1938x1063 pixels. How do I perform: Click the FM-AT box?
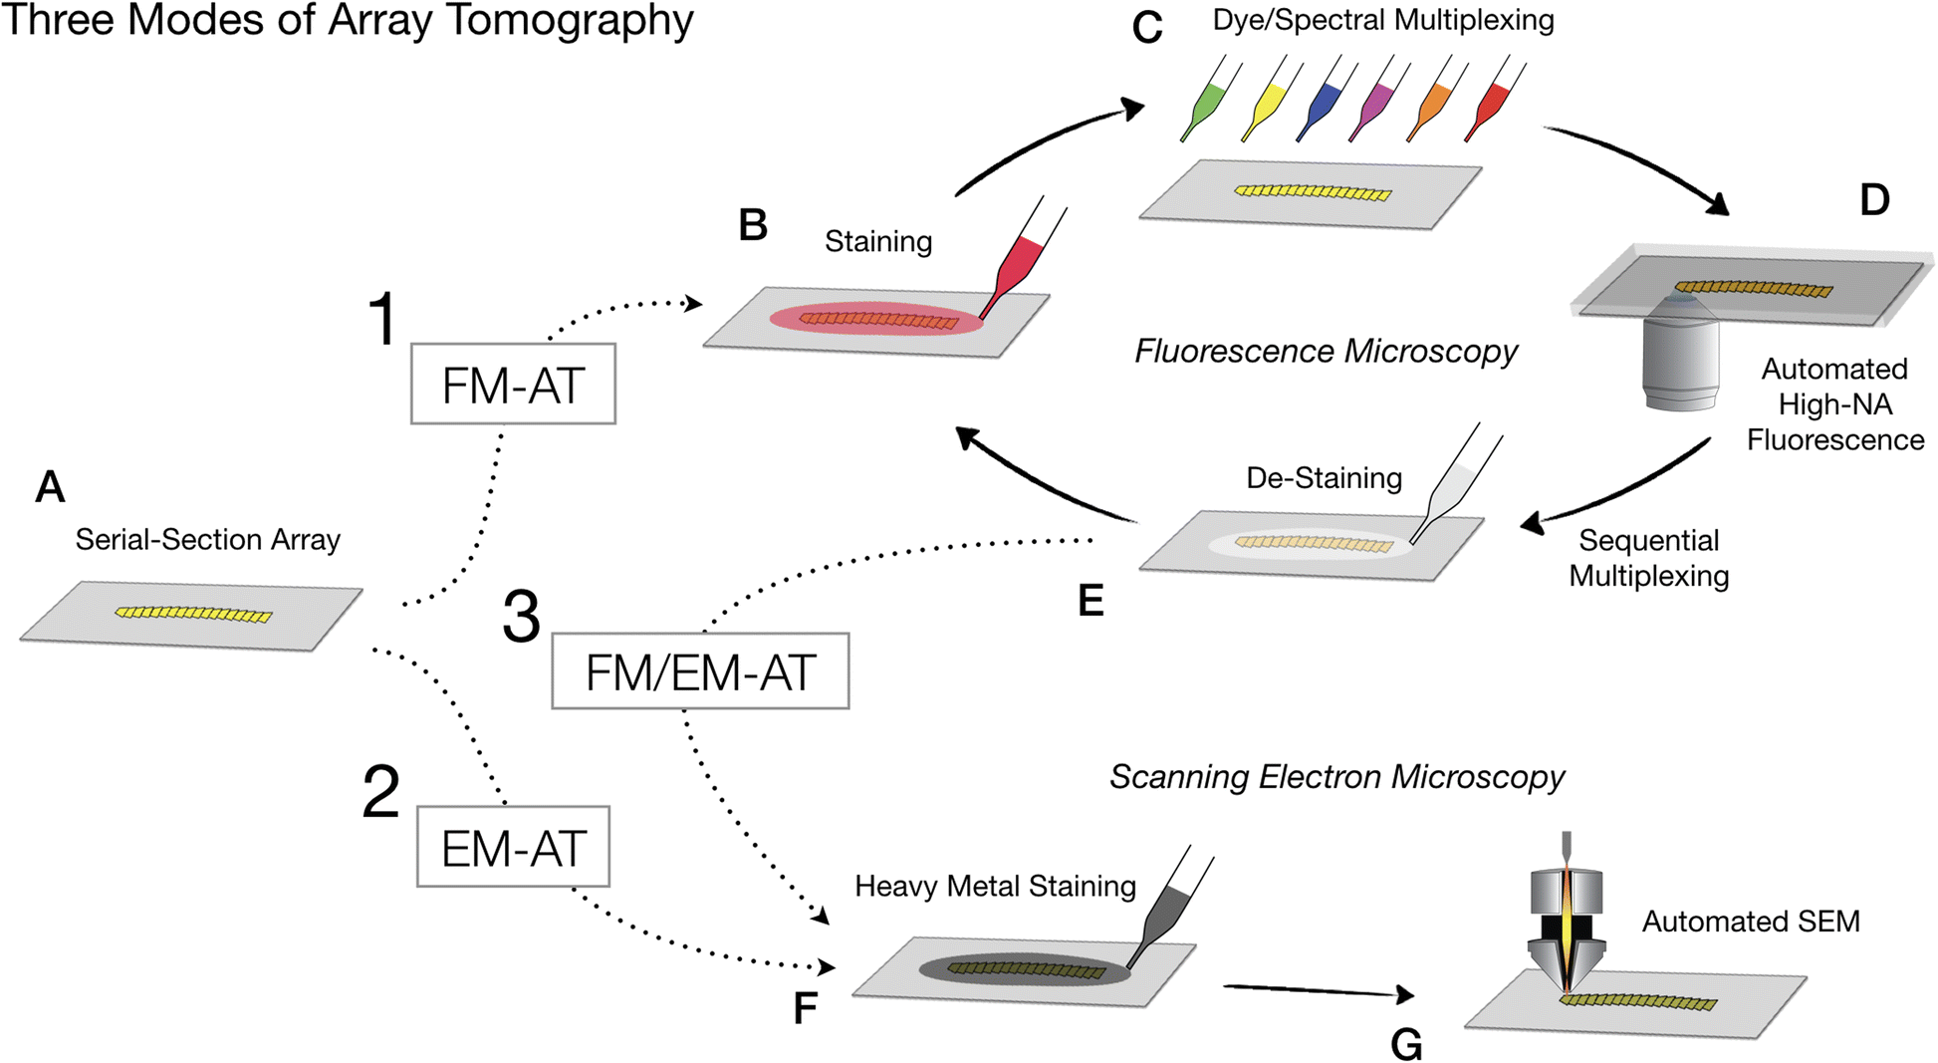point(513,385)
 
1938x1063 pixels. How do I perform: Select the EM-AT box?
point(513,847)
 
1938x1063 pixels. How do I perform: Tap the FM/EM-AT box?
point(700,671)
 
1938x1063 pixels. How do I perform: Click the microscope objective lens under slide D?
point(1680,354)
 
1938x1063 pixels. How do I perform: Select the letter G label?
point(1406,1043)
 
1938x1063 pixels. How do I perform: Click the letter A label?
point(50,487)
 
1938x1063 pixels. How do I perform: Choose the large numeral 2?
point(381,793)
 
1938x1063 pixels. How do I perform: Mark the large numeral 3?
point(521,618)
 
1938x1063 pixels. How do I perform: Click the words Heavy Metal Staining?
point(995,886)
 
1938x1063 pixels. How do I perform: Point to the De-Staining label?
point(1324,478)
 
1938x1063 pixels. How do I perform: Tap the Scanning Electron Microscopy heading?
point(1336,777)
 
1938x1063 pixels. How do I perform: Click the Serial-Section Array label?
point(207,540)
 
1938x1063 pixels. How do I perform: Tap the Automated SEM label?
point(1750,922)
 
